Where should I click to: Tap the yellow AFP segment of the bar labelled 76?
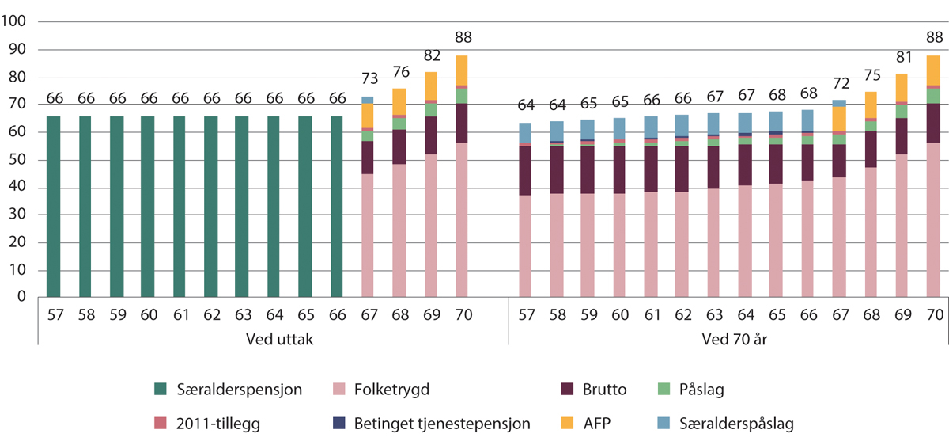pos(400,101)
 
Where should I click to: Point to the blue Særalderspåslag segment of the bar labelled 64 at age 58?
pos(557,131)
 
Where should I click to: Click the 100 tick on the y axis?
pos(14,22)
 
